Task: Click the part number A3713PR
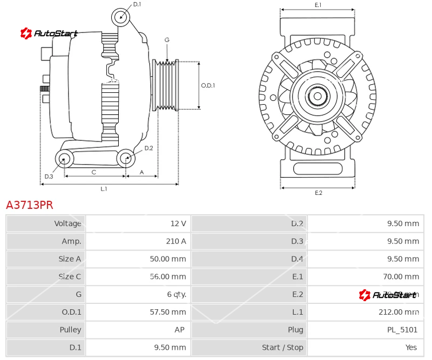[x=30, y=205]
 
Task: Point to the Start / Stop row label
[x=282, y=348]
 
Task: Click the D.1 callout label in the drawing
[x=137, y=4]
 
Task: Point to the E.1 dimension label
[x=318, y=5]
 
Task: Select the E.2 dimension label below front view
[x=318, y=193]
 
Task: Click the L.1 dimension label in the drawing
[x=104, y=189]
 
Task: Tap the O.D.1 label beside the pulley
[x=208, y=85]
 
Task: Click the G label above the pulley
[x=167, y=40]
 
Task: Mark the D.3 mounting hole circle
[x=65, y=159]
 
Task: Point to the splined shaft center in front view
[x=318, y=97]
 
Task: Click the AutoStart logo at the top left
[x=49, y=34]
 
